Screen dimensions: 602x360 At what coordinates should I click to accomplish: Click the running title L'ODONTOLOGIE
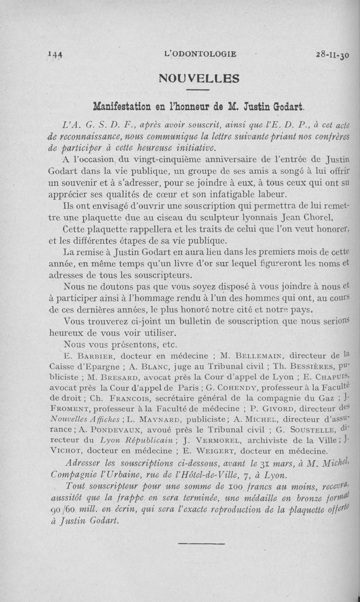coord(201,54)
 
